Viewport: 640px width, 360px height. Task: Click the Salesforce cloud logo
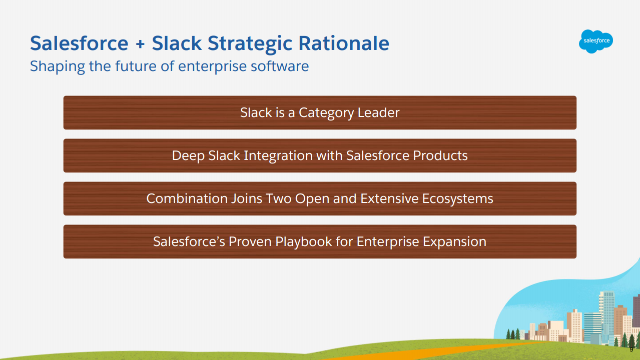[595, 41]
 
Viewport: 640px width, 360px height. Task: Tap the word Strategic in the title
[250, 43]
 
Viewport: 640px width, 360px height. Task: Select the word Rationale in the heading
[344, 43]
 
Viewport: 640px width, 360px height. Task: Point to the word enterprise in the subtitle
[212, 66]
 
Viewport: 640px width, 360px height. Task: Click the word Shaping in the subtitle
[57, 66]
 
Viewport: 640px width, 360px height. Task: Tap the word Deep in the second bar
[188, 156]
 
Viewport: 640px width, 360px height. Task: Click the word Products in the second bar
[440, 155]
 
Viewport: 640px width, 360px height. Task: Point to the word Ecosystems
[458, 199]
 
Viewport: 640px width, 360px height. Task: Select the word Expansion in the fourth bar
[454, 242]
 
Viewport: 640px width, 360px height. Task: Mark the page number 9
[631, 349]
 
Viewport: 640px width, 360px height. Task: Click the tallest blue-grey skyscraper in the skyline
[606, 314]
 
